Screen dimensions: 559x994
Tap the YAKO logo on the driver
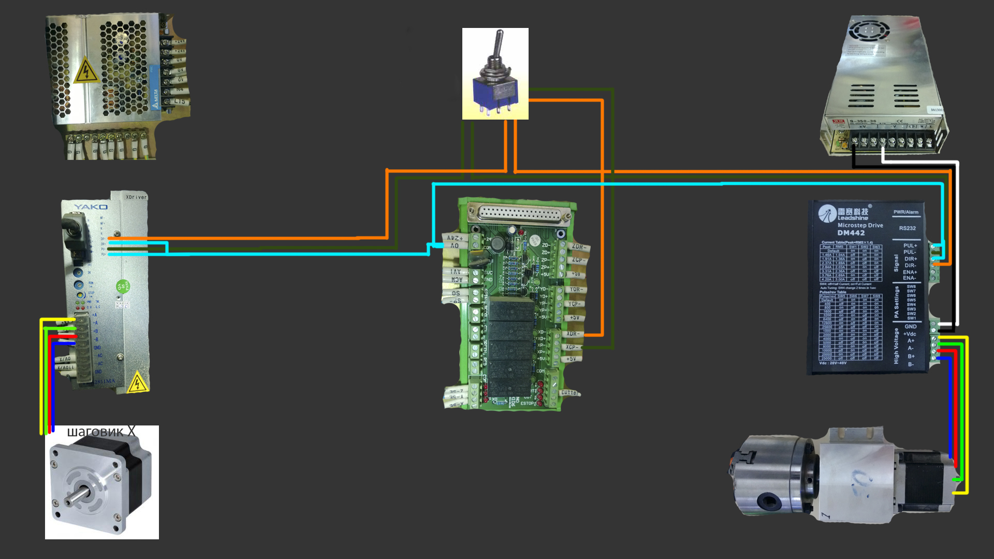click(91, 207)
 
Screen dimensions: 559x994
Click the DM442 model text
click(851, 233)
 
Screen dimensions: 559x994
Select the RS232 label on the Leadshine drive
click(907, 228)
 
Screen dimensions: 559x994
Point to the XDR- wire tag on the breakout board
click(573, 334)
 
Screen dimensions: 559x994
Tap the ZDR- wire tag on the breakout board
click(578, 247)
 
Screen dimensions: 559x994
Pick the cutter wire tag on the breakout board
click(569, 393)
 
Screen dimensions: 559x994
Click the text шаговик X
click(101, 432)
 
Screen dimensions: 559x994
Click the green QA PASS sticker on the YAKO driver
click(123, 286)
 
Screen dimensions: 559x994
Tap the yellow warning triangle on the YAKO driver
click(137, 383)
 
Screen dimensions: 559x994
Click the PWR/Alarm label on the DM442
click(905, 212)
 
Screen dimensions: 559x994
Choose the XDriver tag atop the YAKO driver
click(136, 197)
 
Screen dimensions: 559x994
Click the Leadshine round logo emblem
click(827, 213)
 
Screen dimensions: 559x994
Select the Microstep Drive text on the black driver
click(860, 225)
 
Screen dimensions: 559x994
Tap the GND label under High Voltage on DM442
click(910, 327)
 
